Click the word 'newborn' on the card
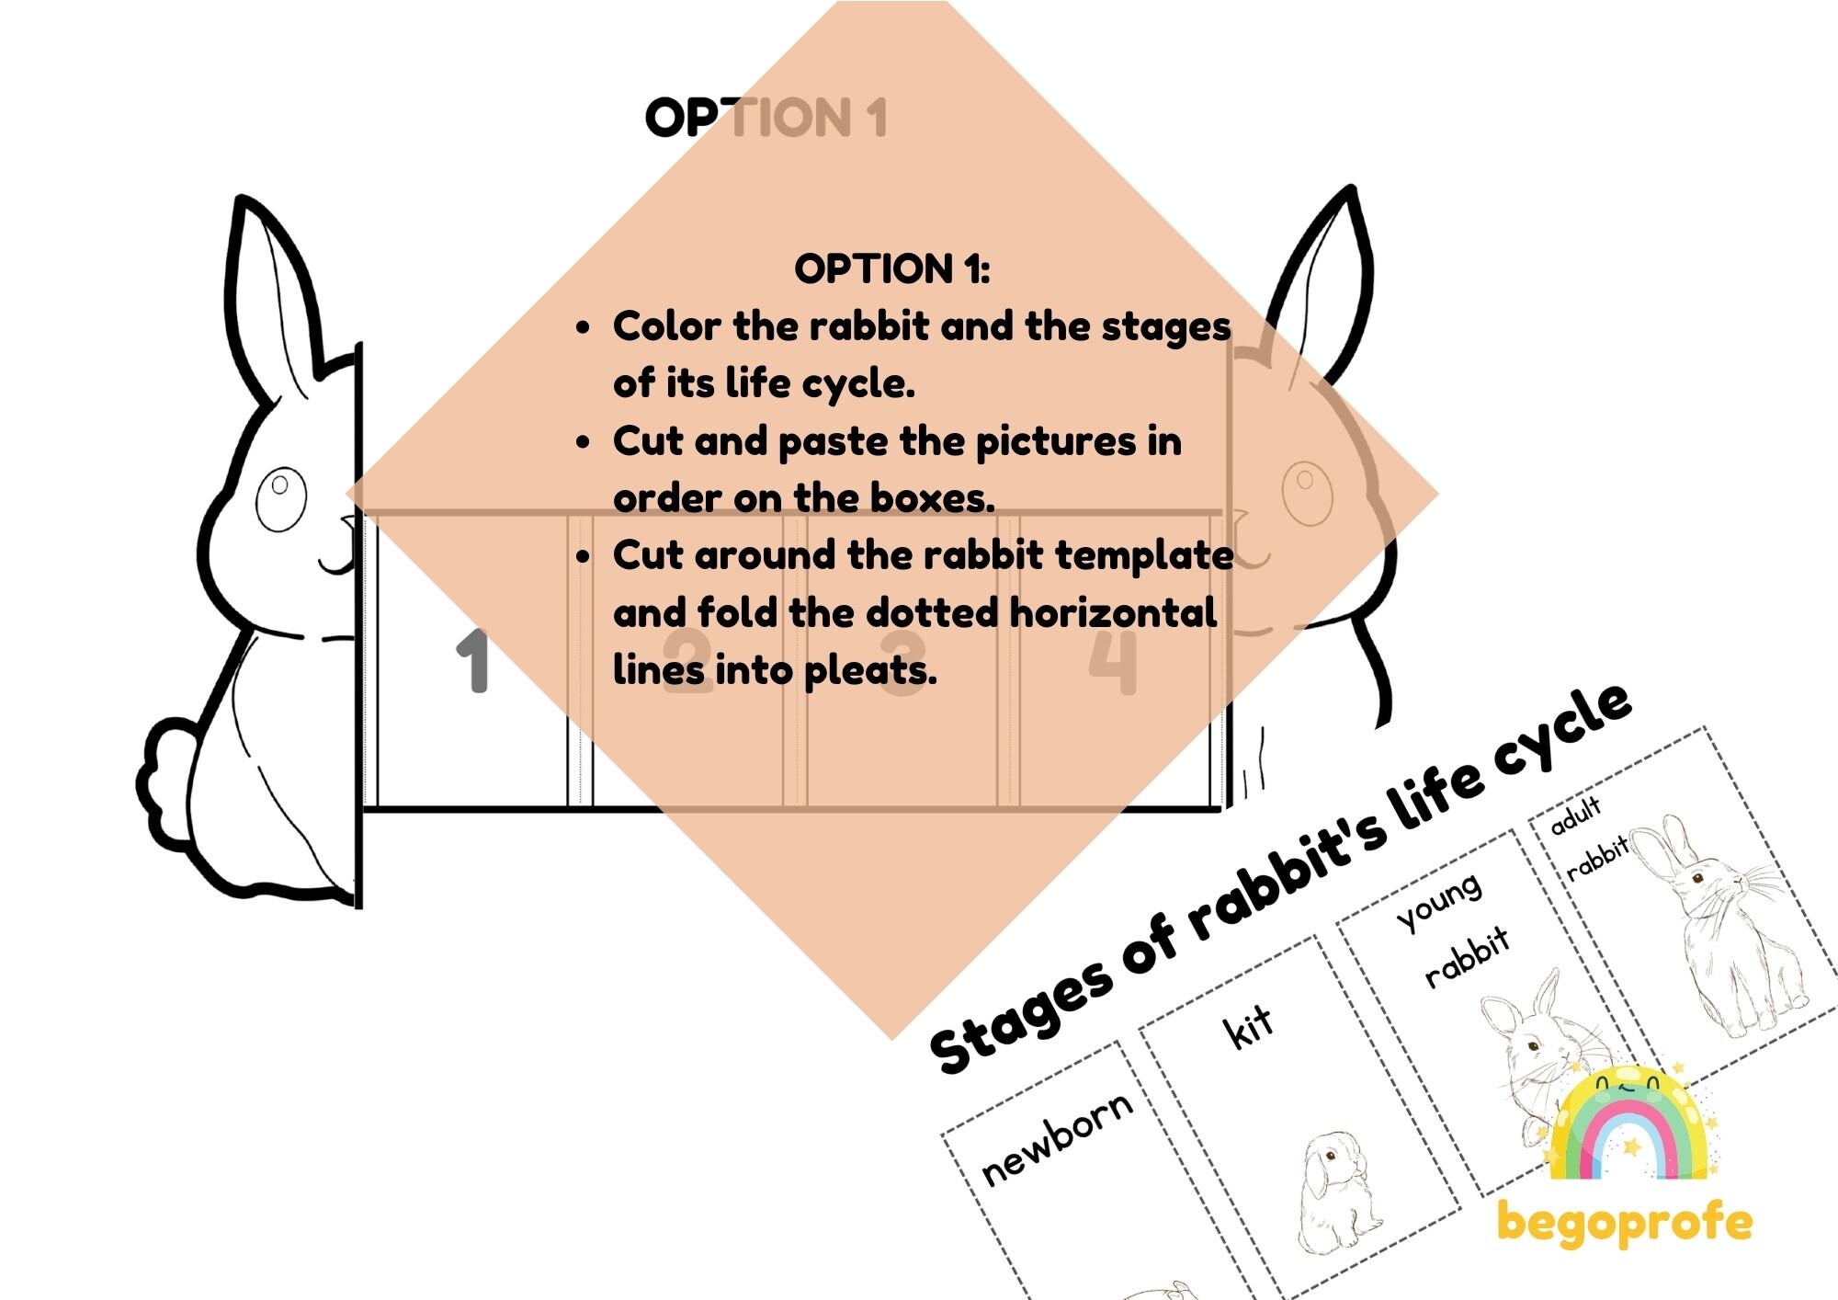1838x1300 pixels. [1057, 1140]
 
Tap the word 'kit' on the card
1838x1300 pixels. [1248, 1026]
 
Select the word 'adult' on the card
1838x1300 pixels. [1575, 815]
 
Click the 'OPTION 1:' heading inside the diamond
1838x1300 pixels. [891, 269]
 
